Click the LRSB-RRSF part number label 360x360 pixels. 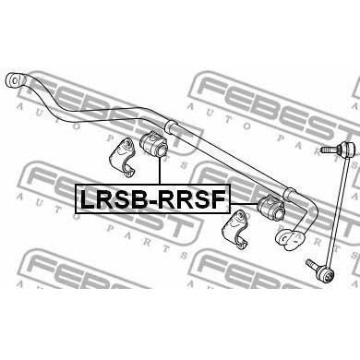click(152, 198)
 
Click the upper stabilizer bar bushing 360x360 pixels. click(153, 143)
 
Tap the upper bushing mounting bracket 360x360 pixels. click(122, 158)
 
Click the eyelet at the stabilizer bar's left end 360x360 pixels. click(15, 80)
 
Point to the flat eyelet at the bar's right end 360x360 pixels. click(289, 239)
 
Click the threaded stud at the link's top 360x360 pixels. click(330, 150)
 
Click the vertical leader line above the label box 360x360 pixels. click(160, 171)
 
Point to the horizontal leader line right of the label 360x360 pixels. click(244, 204)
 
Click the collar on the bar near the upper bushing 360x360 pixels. click(172, 127)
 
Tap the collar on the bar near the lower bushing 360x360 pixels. click(291, 195)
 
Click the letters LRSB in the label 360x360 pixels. click(114, 199)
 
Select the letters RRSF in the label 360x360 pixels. click(193, 199)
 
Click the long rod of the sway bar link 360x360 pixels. click(337, 211)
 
